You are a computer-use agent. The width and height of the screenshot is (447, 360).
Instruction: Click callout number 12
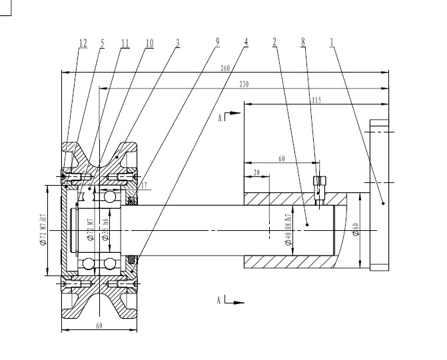tap(83, 42)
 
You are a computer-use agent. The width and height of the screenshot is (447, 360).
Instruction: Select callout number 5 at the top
tap(103, 42)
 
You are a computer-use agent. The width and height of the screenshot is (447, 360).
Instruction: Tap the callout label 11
tap(125, 42)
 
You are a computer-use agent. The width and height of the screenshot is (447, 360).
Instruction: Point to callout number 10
tap(149, 42)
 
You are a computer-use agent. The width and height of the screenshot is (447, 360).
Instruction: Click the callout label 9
tap(217, 41)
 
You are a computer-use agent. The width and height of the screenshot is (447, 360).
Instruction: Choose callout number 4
tap(246, 41)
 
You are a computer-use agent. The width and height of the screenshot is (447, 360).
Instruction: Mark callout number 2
tap(274, 41)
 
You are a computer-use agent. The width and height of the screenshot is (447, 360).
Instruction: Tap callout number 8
tap(303, 41)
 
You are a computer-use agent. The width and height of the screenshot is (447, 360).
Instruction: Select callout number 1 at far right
tap(332, 41)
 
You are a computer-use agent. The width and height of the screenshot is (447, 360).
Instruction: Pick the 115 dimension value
tap(316, 100)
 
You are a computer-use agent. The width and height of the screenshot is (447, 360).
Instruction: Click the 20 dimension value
tap(257, 172)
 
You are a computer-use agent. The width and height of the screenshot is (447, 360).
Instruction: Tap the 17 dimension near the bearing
tap(145, 186)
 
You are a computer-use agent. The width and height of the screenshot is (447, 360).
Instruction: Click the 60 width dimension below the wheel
tap(99, 325)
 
